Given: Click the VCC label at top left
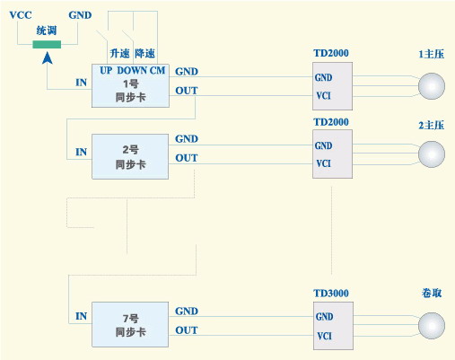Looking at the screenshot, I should tap(21, 14).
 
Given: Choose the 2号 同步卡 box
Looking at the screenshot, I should tap(130, 156).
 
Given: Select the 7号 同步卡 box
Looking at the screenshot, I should tap(130, 324).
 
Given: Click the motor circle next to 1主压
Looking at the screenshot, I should tap(433, 85).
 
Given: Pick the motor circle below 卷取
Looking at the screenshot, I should tap(433, 325).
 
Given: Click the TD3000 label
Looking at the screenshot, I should tap(331, 294).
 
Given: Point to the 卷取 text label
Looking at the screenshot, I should tap(432, 294).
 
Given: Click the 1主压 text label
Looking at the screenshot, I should tap(432, 54).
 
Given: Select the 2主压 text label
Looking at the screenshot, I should tap(432, 123).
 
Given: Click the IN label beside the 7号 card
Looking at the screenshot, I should tap(81, 315).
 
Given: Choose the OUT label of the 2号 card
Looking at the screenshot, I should tap(187, 158).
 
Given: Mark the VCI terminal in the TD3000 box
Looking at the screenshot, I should tap(324, 338).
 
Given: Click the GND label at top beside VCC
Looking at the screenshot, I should tap(79, 14).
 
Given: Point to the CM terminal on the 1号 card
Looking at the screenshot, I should tap(157, 70).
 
